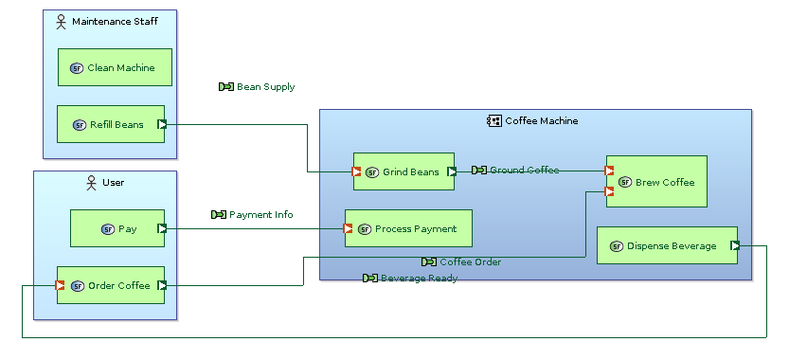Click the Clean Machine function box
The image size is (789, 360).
click(114, 67)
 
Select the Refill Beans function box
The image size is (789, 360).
click(110, 124)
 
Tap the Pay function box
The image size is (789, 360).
click(117, 228)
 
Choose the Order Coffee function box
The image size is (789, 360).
click(110, 285)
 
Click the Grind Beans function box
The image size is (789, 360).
click(403, 171)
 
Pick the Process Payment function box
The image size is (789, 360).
click(408, 228)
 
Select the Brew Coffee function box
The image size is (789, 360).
click(656, 182)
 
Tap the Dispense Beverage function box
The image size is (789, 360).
click(666, 245)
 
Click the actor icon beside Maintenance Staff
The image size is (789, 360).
click(62, 21)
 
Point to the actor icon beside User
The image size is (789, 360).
click(92, 182)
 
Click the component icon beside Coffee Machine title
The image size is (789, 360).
click(494, 121)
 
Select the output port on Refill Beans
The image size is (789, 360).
click(162, 124)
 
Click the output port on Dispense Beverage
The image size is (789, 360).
click(735, 245)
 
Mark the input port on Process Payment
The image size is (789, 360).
click(349, 228)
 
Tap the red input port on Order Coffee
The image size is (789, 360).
click(61, 285)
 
